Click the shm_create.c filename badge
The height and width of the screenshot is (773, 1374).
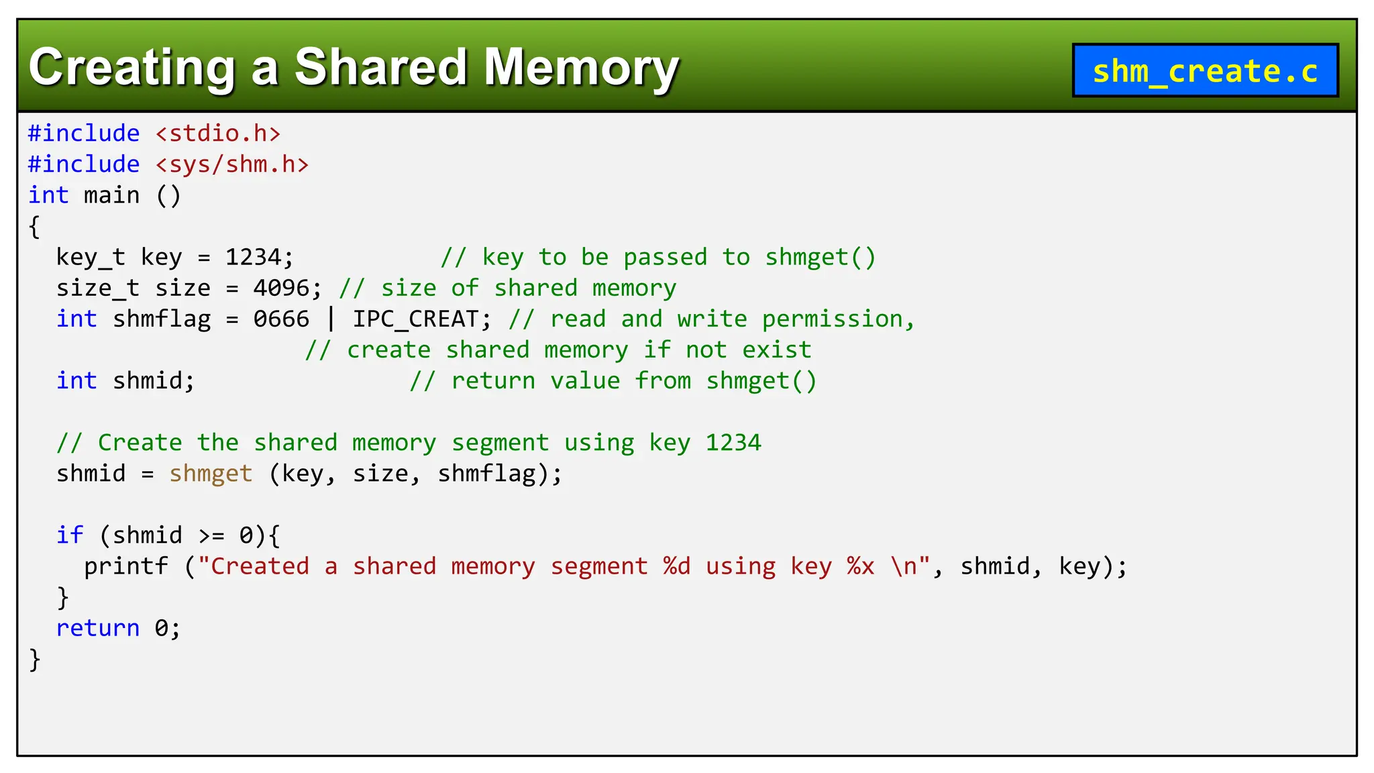point(1205,70)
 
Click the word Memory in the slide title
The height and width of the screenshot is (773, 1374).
point(581,68)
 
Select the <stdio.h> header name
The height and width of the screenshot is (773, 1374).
point(218,134)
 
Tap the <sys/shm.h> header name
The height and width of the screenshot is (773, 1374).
point(232,164)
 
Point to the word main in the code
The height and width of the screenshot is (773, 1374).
point(111,195)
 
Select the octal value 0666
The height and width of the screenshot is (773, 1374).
point(280,319)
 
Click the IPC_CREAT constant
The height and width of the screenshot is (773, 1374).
point(416,319)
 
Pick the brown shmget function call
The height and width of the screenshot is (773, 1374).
point(211,474)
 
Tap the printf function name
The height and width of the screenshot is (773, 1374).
point(125,566)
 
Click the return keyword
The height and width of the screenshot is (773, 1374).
point(97,628)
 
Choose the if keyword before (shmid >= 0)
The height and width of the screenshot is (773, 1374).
point(70,535)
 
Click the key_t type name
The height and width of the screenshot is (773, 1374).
point(91,257)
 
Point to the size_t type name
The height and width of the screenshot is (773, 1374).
point(97,288)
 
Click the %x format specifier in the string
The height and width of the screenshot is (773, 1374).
point(860,566)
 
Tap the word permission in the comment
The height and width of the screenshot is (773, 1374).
point(832,319)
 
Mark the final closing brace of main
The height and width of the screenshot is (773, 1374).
point(35,659)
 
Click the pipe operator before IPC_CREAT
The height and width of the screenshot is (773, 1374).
point(331,319)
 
